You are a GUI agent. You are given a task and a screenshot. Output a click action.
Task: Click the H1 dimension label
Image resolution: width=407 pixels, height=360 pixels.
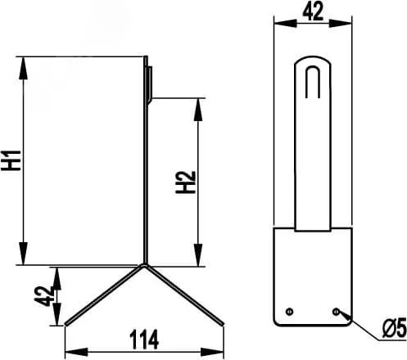[11, 160]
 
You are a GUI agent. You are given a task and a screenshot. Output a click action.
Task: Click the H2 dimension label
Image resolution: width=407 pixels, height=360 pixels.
[185, 182]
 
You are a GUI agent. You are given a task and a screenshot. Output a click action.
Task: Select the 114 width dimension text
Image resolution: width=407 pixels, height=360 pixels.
[144, 340]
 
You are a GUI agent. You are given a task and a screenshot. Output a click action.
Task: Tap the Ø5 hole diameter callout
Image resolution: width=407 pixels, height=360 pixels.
[395, 329]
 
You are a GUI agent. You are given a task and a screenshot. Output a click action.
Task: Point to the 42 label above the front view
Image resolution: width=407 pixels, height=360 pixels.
[313, 11]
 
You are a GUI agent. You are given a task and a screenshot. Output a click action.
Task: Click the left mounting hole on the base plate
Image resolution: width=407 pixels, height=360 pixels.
[289, 311]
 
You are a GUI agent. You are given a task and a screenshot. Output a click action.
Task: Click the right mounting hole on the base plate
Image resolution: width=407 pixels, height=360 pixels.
[336, 311]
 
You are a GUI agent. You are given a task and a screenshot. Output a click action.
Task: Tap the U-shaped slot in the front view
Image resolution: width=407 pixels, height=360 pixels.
[313, 82]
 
